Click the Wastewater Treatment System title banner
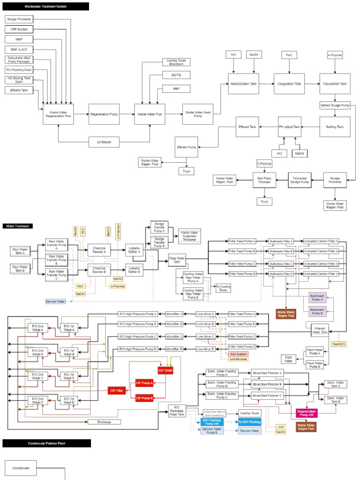point(45,7)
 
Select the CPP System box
point(19,30)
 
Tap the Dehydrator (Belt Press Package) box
point(19,60)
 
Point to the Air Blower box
point(103,141)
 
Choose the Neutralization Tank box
point(243,84)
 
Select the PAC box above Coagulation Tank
point(289,55)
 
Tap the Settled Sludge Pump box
point(335,105)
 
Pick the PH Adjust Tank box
point(289,127)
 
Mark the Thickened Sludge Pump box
point(300,180)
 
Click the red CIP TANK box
point(165,370)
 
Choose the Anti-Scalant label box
point(238,353)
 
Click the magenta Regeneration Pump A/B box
point(307,412)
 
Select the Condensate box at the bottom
point(21,468)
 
